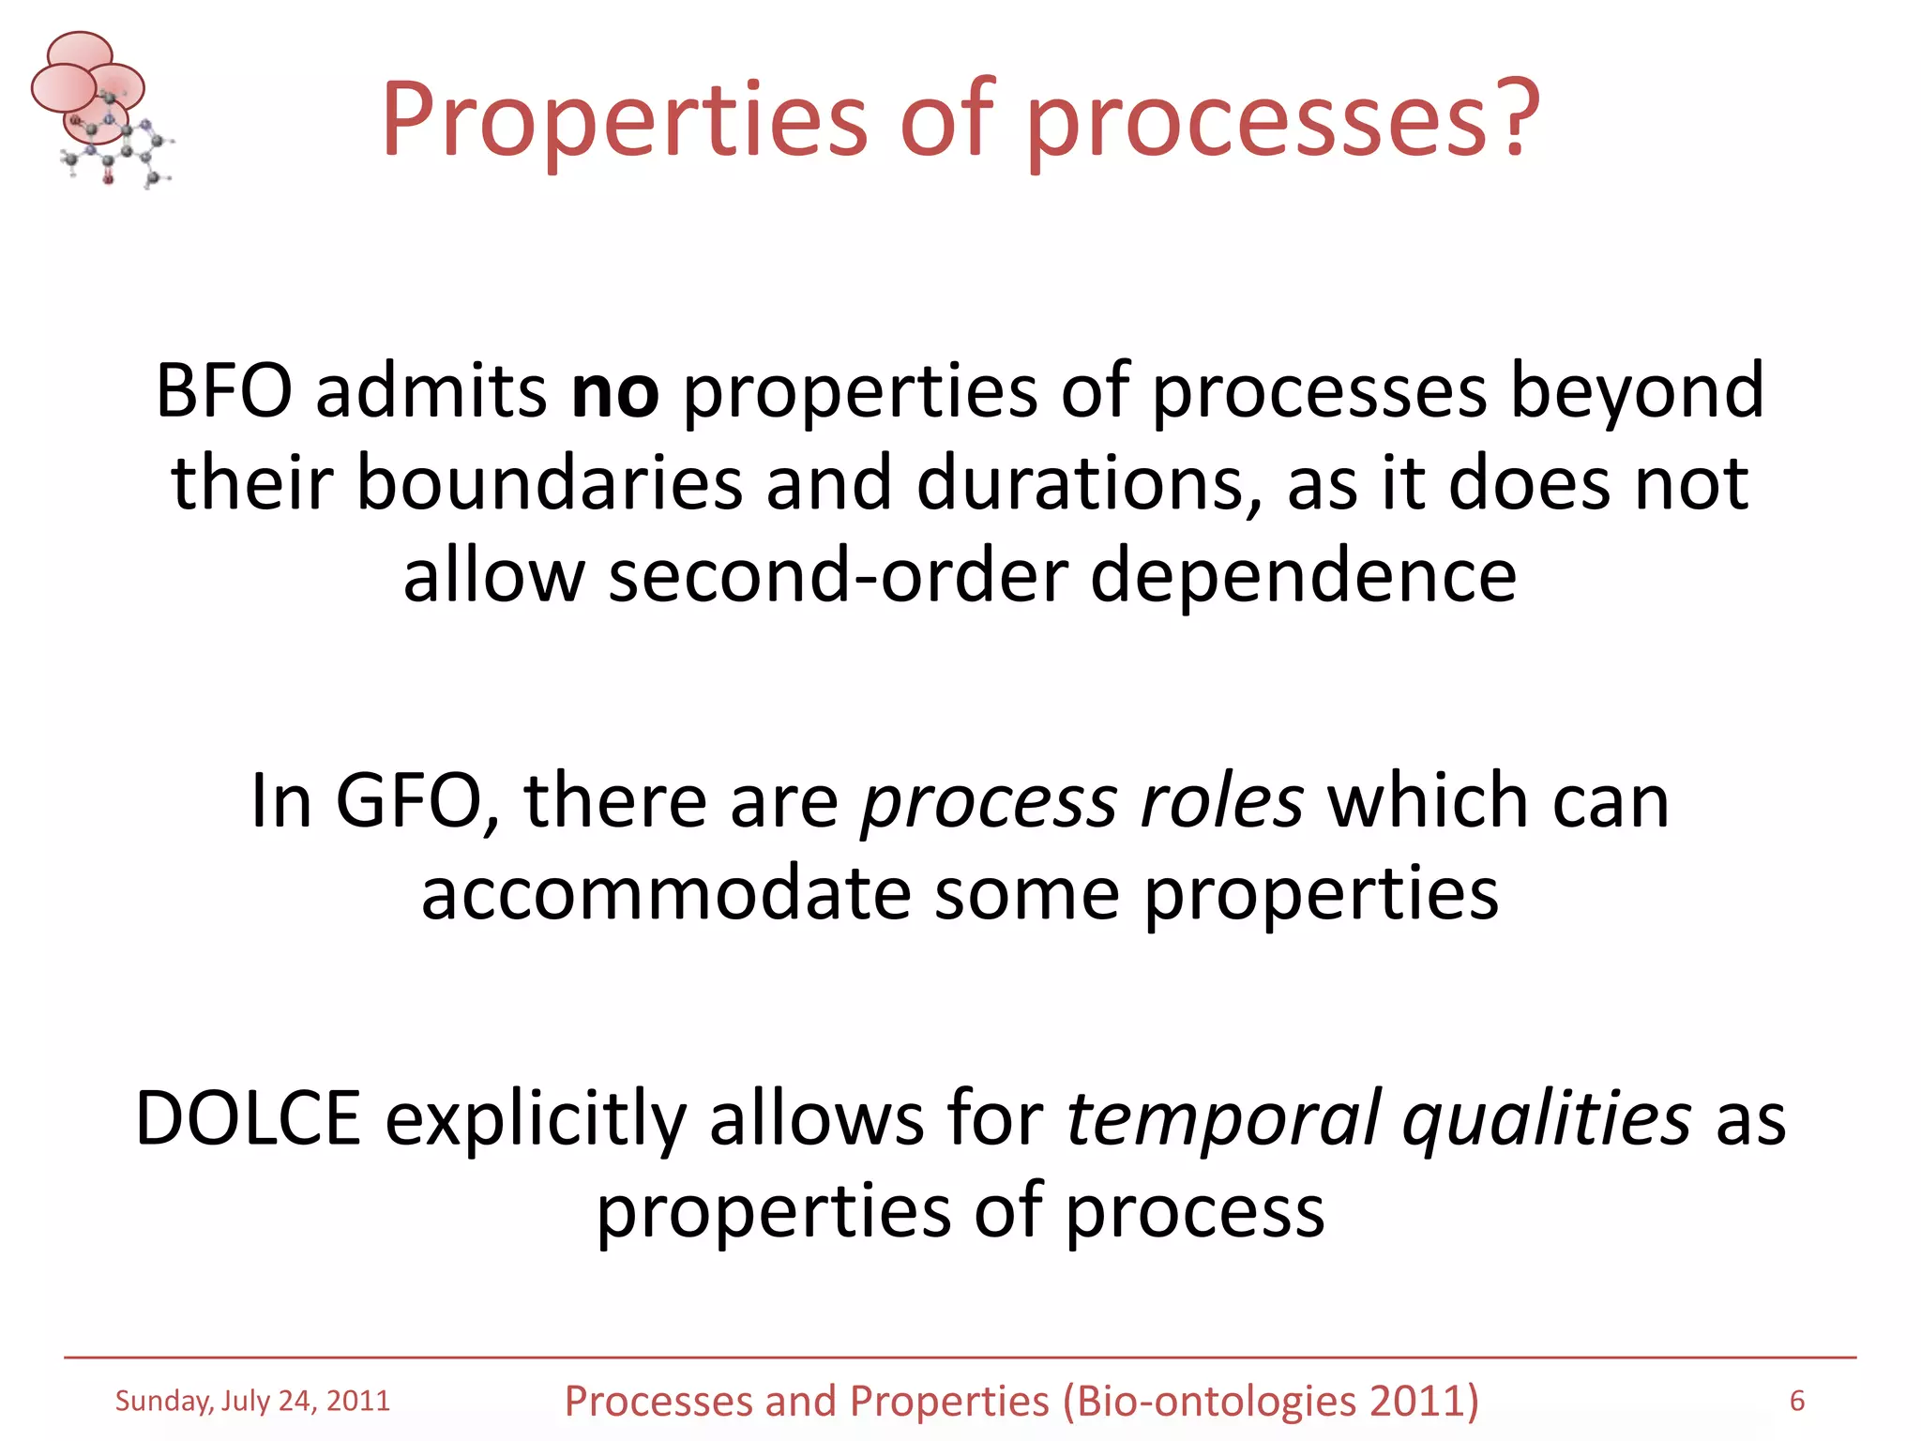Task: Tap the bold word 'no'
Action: tap(614, 391)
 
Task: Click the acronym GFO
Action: tap(408, 801)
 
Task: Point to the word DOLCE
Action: tap(249, 1118)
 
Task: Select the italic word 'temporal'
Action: tap(1224, 1118)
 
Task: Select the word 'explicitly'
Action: tap(536, 1118)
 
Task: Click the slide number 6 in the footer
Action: tap(1796, 1401)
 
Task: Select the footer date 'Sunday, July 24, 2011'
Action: tap(252, 1401)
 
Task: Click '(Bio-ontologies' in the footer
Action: tap(1210, 1401)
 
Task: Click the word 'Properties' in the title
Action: tap(625, 120)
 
